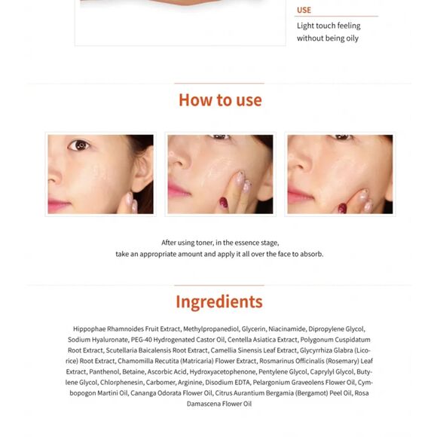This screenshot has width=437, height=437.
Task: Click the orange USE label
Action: (304, 10)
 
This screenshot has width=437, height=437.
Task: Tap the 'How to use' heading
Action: (220, 100)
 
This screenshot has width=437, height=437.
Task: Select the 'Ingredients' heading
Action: (219, 302)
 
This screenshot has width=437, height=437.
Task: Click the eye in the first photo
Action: (81, 145)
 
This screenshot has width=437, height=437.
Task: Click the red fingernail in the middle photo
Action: (223, 202)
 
